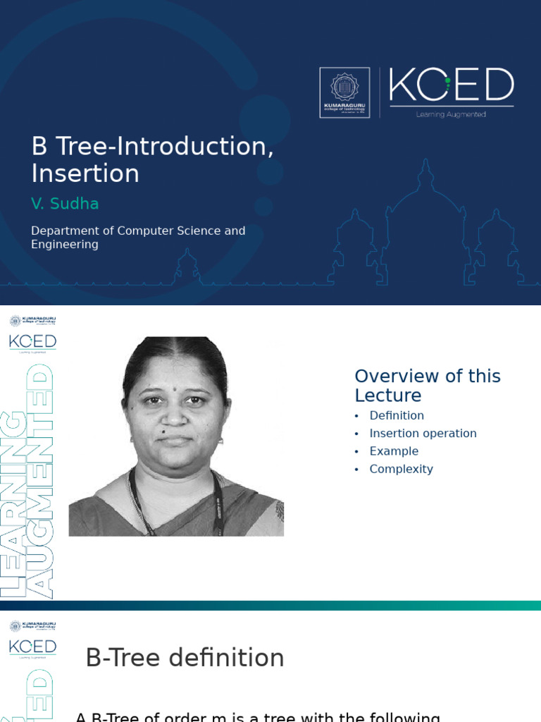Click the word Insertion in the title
(x=85, y=173)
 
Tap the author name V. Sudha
(x=65, y=204)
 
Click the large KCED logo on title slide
(x=452, y=86)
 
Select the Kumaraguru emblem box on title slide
(x=344, y=92)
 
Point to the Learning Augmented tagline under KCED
(x=452, y=114)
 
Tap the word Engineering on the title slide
(x=65, y=245)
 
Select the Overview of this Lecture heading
(x=427, y=385)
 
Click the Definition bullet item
(x=397, y=415)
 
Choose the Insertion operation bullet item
(x=423, y=433)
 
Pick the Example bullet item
(x=394, y=451)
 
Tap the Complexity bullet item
(x=401, y=469)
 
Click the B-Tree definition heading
(x=185, y=658)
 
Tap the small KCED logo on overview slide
(x=32, y=342)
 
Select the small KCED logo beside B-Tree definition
(x=32, y=647)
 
